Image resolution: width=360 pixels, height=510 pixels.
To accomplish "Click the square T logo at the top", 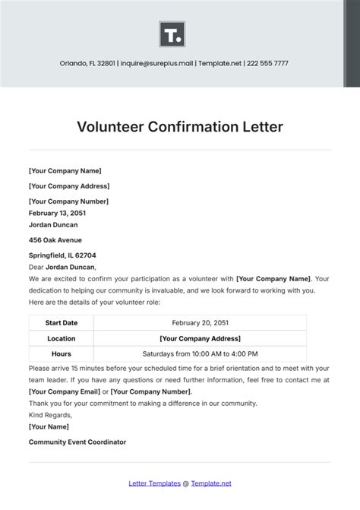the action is click(x=172, y=34).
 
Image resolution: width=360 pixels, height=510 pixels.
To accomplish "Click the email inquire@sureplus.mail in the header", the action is click(x=155, y=63).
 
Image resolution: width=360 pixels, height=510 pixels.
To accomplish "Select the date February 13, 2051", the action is click(x=58, y=214).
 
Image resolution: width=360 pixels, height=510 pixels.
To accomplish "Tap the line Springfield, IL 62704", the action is click(x=62, y=255).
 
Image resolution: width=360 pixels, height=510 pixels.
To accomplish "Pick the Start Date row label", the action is click(x=61, y=322).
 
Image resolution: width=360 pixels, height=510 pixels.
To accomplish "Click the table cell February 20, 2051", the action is click(x=200, y=322).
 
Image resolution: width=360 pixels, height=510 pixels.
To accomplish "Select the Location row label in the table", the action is click(x=61, y=338).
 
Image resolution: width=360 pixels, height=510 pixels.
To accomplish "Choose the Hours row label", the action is click(x=61, y=353).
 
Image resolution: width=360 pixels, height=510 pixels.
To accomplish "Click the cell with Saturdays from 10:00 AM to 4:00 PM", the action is click(x=200, y=353).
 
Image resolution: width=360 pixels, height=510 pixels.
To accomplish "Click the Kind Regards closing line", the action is click(x=50, y=415).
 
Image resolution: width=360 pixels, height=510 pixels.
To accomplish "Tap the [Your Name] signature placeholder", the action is click(x=48, y=427).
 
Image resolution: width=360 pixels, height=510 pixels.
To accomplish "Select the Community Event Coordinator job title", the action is click(x=77, y=442).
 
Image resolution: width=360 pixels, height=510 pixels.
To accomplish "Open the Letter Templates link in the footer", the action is click(x=156, y=483).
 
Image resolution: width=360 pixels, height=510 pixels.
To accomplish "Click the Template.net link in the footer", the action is click(x=210, y=483).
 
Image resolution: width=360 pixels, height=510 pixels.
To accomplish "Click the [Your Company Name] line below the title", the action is click(x=65, y=171).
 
